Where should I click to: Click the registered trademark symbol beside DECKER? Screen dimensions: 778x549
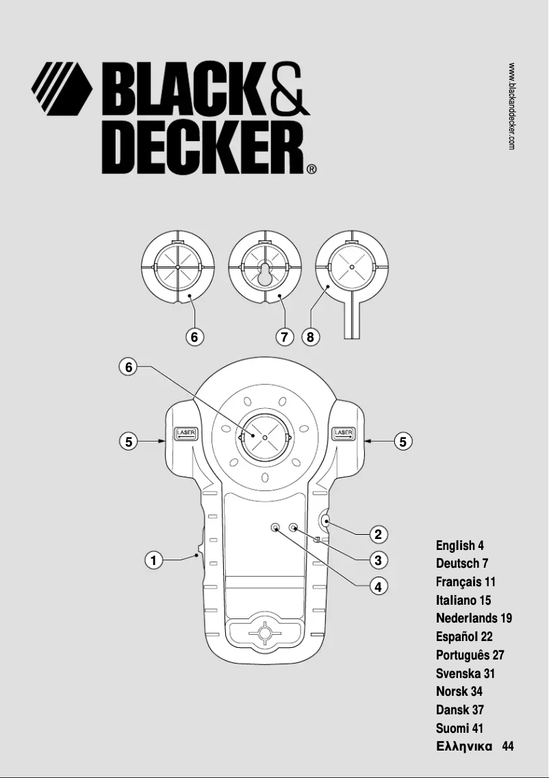tap(311, 169)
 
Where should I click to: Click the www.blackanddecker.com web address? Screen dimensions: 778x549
tap(512, 106)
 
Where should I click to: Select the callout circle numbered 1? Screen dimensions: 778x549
tap(155, 560)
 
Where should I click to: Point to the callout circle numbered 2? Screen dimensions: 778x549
tap(376, 534)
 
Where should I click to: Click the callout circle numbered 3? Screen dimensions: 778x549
tap(376, 560)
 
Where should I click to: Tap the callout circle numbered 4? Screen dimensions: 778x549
tap(376, 586)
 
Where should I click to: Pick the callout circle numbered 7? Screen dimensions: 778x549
tap(284, 337)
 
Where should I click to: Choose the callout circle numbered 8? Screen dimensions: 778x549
tap(311, 337)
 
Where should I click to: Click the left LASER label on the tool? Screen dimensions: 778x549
tap(186, 433)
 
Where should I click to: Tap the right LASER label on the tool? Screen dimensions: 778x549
tap(343, 433)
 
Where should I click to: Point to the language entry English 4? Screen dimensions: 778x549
tap(460, 546)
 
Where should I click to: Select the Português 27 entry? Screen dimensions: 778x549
tap(470, 655)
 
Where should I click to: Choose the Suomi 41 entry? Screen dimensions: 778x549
tap(459, 729)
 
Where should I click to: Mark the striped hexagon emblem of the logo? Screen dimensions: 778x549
tap(62, 90)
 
